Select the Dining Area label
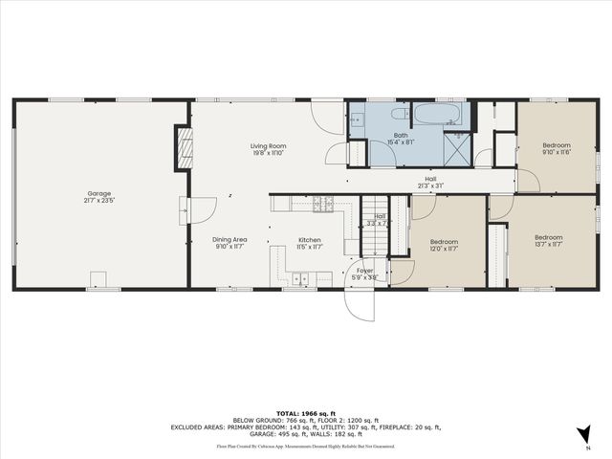(x=229, y=240)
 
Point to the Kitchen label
(x=309, y=240)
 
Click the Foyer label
(x=366, y=271)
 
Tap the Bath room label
(x=401, y=136)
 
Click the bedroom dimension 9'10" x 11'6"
(x=556, y=152)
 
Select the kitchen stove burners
(x=324, y=203)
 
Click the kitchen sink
(x=302, y=279)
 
